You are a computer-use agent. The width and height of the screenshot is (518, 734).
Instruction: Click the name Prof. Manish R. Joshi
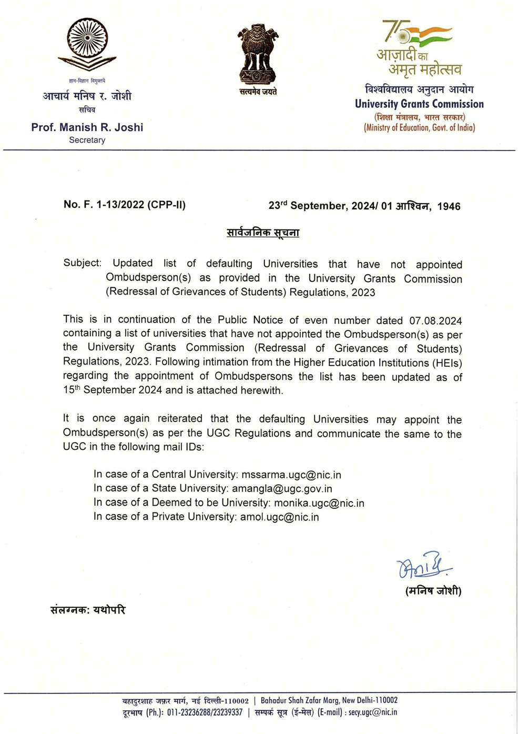(87, 127)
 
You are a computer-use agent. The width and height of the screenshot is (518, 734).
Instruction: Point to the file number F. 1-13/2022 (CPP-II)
(125, 205)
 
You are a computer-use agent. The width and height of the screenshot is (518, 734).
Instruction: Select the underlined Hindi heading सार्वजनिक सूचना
(263, 233)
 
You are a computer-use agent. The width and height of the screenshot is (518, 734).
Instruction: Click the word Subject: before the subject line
(82, 263)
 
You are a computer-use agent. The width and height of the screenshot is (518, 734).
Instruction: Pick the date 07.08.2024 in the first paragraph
(435, 320)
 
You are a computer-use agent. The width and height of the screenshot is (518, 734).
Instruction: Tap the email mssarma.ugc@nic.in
(291, 475)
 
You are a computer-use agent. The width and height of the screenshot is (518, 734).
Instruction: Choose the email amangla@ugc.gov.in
(282, 489)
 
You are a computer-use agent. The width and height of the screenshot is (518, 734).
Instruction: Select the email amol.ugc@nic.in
(279, 517)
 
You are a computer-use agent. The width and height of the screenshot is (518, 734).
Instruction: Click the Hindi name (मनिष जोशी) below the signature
(433, 591)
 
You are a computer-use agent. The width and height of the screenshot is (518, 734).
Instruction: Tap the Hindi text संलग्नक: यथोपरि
(88, 610)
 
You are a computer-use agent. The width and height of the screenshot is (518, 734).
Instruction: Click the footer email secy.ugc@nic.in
(373, 712)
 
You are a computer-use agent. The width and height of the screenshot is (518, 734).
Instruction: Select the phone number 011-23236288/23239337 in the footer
(205, 712)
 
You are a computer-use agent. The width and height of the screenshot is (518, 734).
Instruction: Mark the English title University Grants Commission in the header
(419, 104)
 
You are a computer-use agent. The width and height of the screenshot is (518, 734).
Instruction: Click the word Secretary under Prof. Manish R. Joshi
(87, 140)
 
